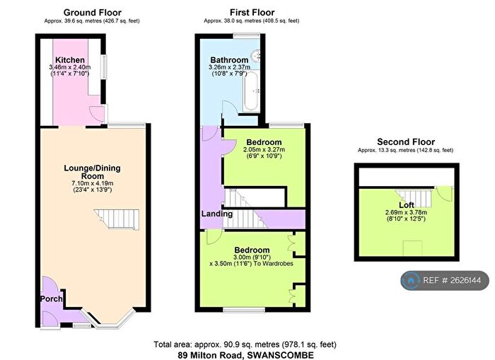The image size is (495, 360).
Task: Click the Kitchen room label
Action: pyautogui.click(x=70, y=60)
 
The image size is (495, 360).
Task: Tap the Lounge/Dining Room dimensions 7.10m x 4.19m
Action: pyautogui.click(x=92, y=183)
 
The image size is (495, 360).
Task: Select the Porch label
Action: pyautogui.click(x=51, y=298)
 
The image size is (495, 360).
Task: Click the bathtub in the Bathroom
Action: pyautogui.click(x=251, y=91)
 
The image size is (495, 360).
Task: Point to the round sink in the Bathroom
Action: pyautogui.click(x=255, y=56)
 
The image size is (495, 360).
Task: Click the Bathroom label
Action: pyautogui.click(x=229, y=60)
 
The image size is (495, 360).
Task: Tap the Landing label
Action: pyautogui.click(x=217, y=214)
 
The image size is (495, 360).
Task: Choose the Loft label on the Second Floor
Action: pyautogui.click(x=407, y=205)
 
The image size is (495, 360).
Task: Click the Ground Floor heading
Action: pyautogui.click(x=92, y=13)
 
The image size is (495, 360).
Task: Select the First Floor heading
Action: pyautogui.click(x=252, y=13)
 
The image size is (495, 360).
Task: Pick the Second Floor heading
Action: pyautogui.click(x=406, y=141)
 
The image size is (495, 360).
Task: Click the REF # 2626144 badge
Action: pyautogui.click(x=445, y=280)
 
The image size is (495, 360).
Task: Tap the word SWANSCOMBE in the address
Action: pyautogui.click(x=280, y=355)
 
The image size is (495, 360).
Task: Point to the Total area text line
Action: pyautogui.click(x=245, y=344)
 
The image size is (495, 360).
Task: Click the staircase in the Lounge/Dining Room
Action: pyautogui.click(x=117, y=219)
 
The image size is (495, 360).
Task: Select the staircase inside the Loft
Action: pyautogui.click(x=414, y=197)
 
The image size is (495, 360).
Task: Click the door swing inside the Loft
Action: pyautogui.click(x=445, y=193)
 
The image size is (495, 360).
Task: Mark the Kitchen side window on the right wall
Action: pyautogui.click(x=104, y=66)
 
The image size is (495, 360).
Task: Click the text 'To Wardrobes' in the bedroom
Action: pyautogui.click(x=274, y=263)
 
